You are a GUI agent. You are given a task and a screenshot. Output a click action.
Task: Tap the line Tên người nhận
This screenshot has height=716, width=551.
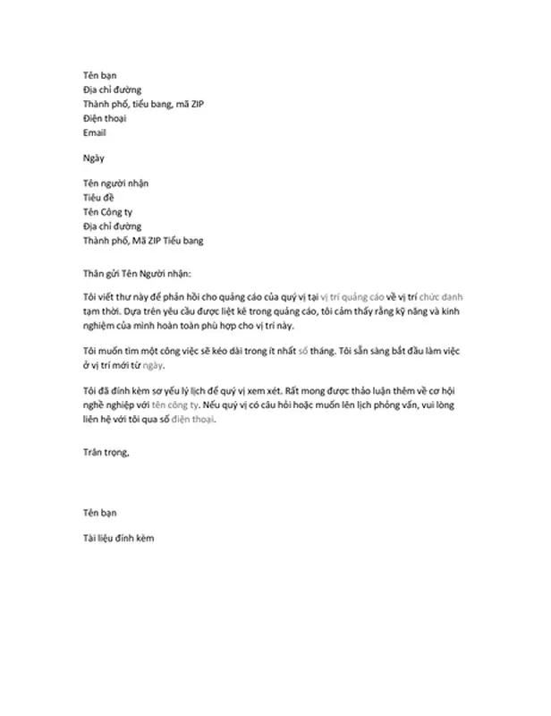[x=114, y=183]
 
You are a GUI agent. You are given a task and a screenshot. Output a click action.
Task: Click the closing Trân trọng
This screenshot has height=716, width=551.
[x=105, y=453]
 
